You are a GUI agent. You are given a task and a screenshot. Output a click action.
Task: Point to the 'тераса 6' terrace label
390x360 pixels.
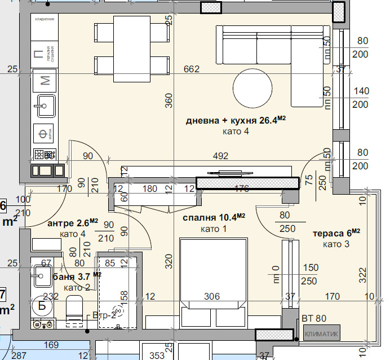336,233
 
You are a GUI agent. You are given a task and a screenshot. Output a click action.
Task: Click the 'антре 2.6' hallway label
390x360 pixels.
73,223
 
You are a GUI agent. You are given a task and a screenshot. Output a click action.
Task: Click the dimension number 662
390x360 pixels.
192,69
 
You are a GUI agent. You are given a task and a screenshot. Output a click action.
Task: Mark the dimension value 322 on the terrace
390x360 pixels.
362,275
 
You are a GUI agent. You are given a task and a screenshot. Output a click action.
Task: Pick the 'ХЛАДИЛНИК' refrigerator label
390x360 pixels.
45,19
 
